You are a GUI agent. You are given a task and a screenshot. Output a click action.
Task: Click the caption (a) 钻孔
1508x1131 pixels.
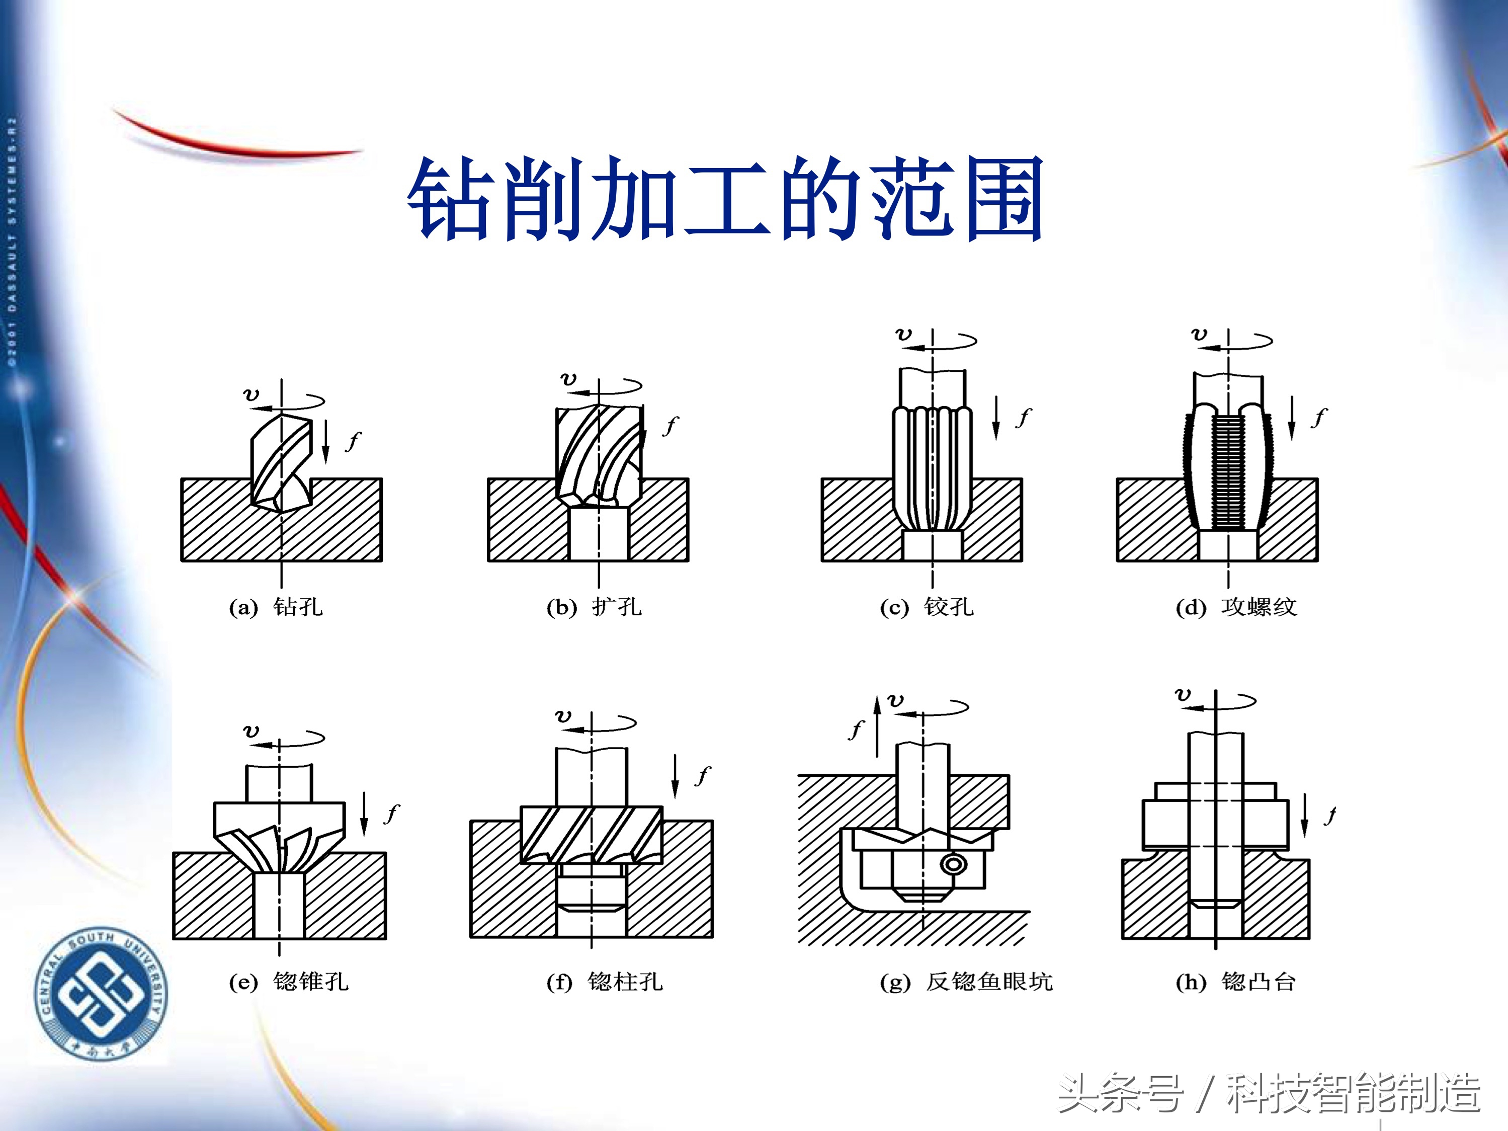tap(276, 607)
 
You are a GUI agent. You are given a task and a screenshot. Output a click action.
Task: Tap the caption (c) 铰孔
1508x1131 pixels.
tap(927, 607)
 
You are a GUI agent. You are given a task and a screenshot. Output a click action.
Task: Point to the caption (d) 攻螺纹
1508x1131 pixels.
tap(1236, 607)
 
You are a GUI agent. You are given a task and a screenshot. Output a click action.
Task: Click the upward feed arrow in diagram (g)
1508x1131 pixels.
tap(877, 726)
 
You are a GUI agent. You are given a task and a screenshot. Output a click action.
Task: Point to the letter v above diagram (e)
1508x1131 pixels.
tap(251, 732)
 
